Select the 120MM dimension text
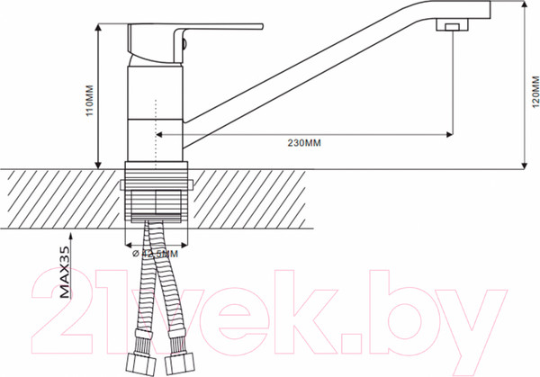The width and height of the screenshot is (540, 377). pos(533,90)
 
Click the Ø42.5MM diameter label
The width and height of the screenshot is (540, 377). pos(155,254)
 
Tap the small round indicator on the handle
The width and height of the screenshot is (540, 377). pos(184,37)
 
